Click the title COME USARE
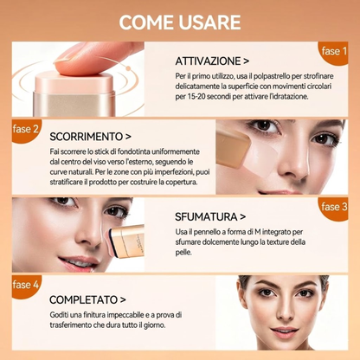pyautogui.click(x=180, y=22)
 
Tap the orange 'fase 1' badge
pyautogui.click(x=334, y=53)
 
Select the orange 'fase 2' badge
pyautogui.click(x=26, y=131)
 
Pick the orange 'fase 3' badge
pyautogui.click(x=334, y=209)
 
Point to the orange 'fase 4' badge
pyautogui.click(x=26, y=286)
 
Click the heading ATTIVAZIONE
pyautogui.click(x=208, y=61)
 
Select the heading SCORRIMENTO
pyautogui.click(x=87, y=137)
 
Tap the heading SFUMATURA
pyautogui.click(x=206, y=217)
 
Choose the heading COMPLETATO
pyautogui.click(x=84, y=299)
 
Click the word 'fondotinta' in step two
pyautogui.click(x=135, y=151)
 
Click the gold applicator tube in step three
pyautogui.click(x=129, y=241)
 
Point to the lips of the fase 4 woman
pyautogui.click(x=285, y=331)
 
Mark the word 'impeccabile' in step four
pyautogui.click(x=124, y=315)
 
